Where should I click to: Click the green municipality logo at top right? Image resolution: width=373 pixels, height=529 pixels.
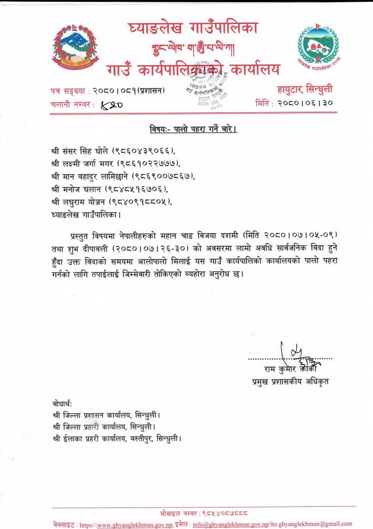tap(317, 47)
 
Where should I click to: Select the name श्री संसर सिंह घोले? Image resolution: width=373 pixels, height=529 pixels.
tap(79, 151)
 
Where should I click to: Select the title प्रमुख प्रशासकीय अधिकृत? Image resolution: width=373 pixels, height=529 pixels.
tap(286, 381)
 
